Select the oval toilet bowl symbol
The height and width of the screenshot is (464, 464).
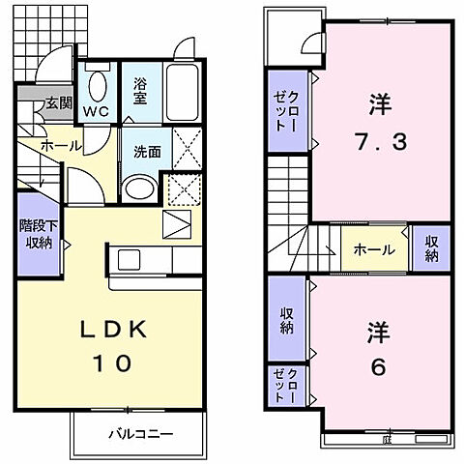[96, 88]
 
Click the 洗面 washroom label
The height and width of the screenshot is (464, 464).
[146, 152]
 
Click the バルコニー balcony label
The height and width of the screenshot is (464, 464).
[140, 434]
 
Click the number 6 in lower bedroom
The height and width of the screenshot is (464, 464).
[377, 368]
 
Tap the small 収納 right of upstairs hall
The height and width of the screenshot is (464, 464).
[429, 248]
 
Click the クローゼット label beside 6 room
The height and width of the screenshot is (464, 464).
[287, 385]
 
